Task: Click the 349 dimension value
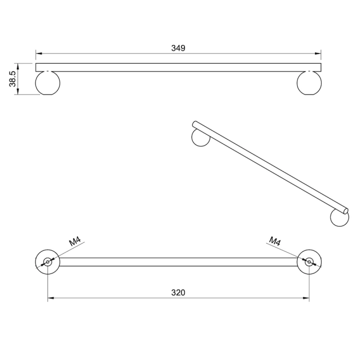click(x=178, y=48)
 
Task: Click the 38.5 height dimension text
click(x=12, y=79)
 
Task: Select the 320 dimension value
click(x=178, y=292)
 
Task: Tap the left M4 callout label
click(x=75, y=242)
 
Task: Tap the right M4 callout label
click(x=275, y=241)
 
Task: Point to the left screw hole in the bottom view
click(x=48, y=261)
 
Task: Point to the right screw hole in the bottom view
click(x=309, y=261)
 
